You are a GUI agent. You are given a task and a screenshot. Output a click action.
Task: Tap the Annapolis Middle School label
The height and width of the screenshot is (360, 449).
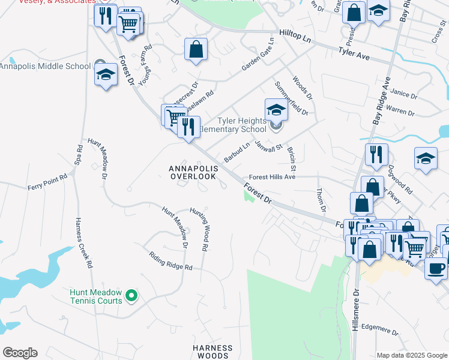(45, 65)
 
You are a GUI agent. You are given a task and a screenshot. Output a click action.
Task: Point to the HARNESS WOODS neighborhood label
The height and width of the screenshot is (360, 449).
(212, 352)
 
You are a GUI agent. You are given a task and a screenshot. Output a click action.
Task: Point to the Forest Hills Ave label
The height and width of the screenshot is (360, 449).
(273, 177)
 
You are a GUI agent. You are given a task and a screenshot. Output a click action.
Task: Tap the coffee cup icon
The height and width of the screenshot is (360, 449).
(436, 267)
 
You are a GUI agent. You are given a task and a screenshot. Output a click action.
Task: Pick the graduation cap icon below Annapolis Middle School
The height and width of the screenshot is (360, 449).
(106, 74)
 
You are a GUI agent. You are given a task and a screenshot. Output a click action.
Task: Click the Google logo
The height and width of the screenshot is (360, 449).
(20, 353)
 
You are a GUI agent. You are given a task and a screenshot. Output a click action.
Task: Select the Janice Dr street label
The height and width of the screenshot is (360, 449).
(403, 94)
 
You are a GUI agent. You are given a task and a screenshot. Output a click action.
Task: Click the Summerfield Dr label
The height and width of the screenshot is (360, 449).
(291, 99)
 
